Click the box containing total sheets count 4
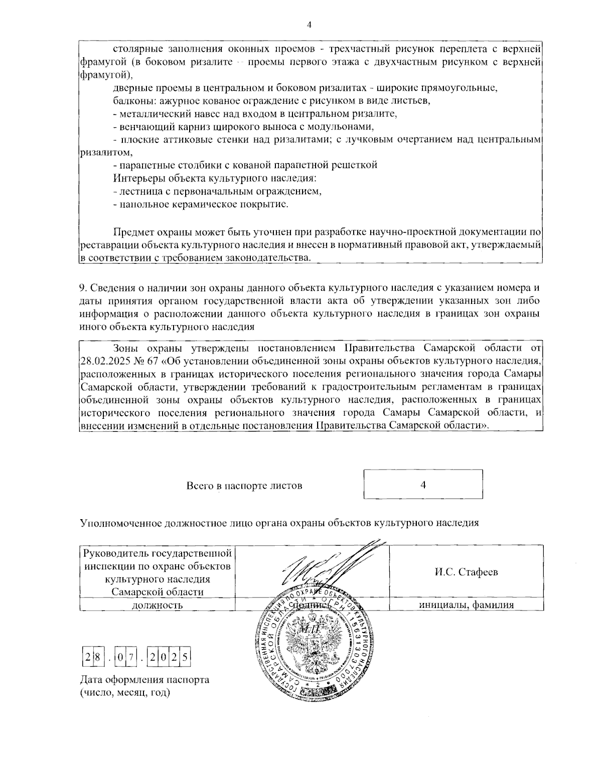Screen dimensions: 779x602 423,484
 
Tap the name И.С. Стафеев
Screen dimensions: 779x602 466,572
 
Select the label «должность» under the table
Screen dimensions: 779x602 157,605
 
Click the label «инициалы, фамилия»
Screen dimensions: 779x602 466,605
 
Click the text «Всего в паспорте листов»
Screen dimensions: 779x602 244,486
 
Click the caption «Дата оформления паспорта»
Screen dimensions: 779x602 144,680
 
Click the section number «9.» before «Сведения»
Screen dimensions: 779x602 84,288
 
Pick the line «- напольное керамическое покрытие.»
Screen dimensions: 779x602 201,204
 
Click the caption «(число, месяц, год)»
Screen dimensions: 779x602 125,693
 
